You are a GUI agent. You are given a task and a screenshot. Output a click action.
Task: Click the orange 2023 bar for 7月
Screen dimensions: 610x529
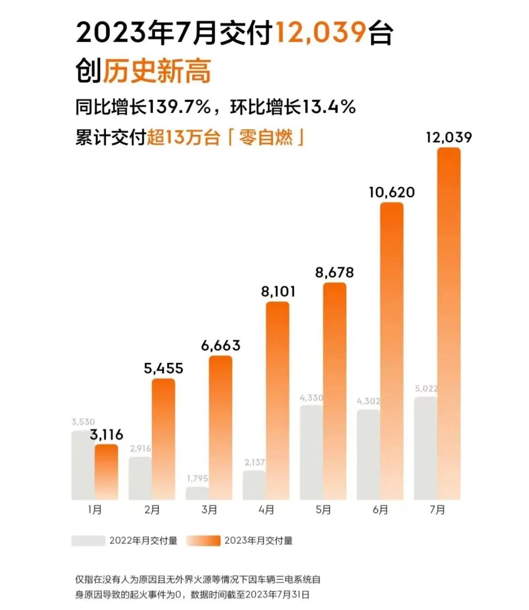tap(449, 323)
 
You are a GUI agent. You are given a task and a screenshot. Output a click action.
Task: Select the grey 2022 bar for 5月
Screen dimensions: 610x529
tap(311, 452)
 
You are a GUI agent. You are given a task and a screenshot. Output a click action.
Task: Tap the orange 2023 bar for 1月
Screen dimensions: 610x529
tap(106, 472)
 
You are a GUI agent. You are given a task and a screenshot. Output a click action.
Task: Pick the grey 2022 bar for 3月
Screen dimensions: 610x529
tap(197, 493)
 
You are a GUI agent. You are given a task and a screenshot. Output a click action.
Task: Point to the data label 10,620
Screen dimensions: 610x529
tap(391, 192)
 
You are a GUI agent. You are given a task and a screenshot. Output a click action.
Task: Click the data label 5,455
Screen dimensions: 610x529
tap(164, 368)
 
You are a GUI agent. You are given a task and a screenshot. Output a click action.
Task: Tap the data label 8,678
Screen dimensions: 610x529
tap(334, 272)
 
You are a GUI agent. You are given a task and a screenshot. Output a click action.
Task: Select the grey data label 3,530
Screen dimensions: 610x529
tap(83, 422)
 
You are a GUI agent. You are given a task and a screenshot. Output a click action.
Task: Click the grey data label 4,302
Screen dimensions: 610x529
tap(368, 401)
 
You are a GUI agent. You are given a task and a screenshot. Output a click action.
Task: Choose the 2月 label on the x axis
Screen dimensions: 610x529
tap(152, 510)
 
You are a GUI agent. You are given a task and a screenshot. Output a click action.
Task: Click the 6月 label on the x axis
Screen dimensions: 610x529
tap(381, 510)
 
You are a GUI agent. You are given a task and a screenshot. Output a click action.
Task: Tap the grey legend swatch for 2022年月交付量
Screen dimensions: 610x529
tap(88, 541)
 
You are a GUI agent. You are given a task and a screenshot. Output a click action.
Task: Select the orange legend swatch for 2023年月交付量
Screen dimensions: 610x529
tap(204, 541)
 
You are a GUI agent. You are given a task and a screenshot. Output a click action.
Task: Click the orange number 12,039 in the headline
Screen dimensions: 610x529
tap(320, 33)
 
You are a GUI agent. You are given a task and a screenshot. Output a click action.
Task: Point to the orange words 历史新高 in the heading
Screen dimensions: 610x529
tap(157, 71)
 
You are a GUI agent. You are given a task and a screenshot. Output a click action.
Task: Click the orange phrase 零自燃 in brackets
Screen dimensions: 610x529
tap(265, 137)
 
